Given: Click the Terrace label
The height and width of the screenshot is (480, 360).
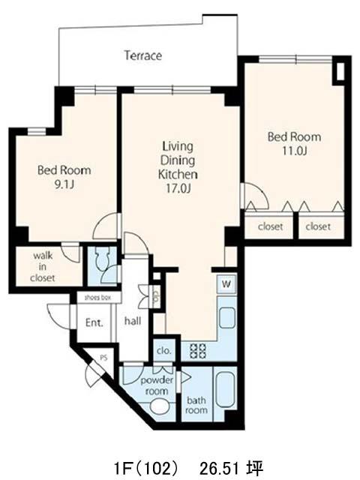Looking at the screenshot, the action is (143, 55).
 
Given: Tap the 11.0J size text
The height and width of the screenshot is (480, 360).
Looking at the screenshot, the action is (294, 151).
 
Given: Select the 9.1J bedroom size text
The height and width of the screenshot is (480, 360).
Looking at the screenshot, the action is (64, 184).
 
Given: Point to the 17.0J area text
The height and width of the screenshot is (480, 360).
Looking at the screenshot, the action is (178, 188).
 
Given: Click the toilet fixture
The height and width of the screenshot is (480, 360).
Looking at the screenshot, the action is (100, 259).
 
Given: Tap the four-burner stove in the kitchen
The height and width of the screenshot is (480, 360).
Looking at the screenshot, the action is (198, 351).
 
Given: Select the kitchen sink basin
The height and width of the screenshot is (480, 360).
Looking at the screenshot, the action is (227, 317).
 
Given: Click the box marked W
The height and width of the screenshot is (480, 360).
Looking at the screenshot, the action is (226, 283).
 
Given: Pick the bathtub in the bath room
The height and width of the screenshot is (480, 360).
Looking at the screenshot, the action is (225, 389).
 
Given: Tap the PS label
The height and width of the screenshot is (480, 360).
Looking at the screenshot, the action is (103, 358).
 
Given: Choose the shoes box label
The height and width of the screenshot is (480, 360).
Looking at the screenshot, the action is (97, 297).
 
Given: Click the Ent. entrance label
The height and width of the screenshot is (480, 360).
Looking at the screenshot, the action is (94, 322).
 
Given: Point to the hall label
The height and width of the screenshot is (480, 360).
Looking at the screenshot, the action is (133, 321).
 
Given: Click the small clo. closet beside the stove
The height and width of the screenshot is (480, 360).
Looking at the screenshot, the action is (164, 350).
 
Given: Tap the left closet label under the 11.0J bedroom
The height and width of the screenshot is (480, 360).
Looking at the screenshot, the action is (270, 226).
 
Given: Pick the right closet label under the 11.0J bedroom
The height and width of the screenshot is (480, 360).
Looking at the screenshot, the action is (318, 226).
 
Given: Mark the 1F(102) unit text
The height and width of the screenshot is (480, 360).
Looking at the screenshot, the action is (145, 468).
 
